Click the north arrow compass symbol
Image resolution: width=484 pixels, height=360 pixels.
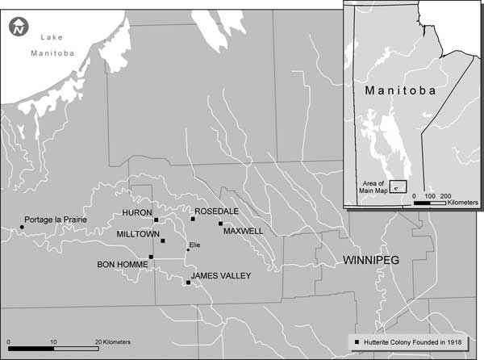(18, 29)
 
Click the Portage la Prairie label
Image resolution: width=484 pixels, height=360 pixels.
(56, 220)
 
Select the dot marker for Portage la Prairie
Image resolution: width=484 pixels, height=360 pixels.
(22, 227)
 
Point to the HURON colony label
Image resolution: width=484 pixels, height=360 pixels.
(137, 213)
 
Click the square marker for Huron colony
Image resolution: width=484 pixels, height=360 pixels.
(156, 220)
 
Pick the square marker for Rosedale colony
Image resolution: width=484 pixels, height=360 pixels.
(193, 218)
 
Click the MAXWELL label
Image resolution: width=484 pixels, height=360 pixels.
(244, 231)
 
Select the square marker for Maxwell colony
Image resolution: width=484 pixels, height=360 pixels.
(220, 224)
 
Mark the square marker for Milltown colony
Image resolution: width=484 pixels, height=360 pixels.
(163, 241)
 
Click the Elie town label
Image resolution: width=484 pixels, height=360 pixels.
(194, 245)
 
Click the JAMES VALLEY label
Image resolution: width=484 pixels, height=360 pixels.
(221, 276)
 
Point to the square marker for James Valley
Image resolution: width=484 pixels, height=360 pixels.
(188, 283)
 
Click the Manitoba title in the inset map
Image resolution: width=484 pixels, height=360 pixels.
(401, 90)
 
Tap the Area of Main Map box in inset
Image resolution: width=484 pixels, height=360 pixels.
(397, 186)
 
